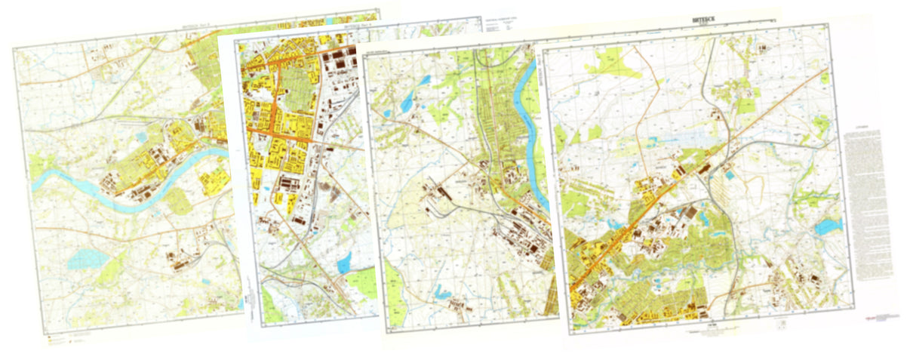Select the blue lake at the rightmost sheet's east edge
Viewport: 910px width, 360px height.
pyautogui.click(x=827, y=226)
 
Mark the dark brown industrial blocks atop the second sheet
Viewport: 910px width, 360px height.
pyautogui.click(x=340, y=57)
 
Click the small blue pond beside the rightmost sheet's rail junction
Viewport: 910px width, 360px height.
pyautogui.click(x=731, y=175)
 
